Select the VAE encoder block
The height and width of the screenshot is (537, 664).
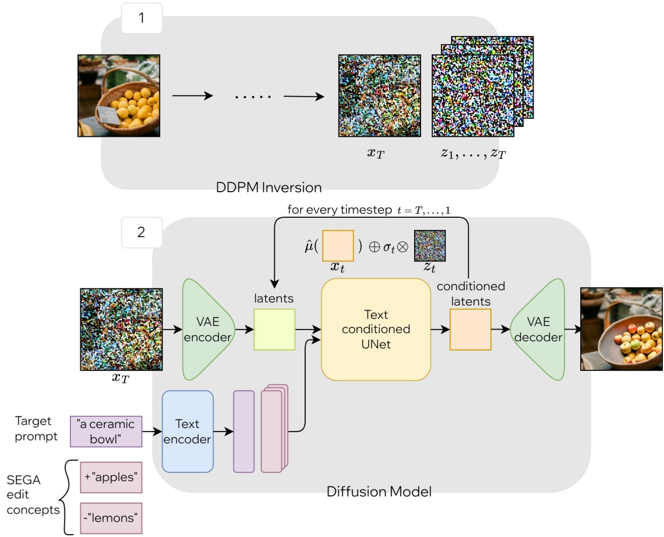(206, 329)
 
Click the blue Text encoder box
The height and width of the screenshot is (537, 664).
(188, 431)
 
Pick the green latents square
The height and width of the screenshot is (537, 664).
(274, 329)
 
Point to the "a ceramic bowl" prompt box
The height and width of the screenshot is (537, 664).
(105, 431)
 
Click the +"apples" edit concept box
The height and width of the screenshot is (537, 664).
(110, 478)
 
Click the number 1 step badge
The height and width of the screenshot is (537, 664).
(142, 18)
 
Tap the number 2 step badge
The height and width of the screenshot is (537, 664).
(142, 232)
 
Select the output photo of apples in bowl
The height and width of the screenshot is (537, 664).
(621, 329)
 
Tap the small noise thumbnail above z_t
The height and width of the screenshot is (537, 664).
(429, 246)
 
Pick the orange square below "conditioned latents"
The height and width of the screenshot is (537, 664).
(470, 329)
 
